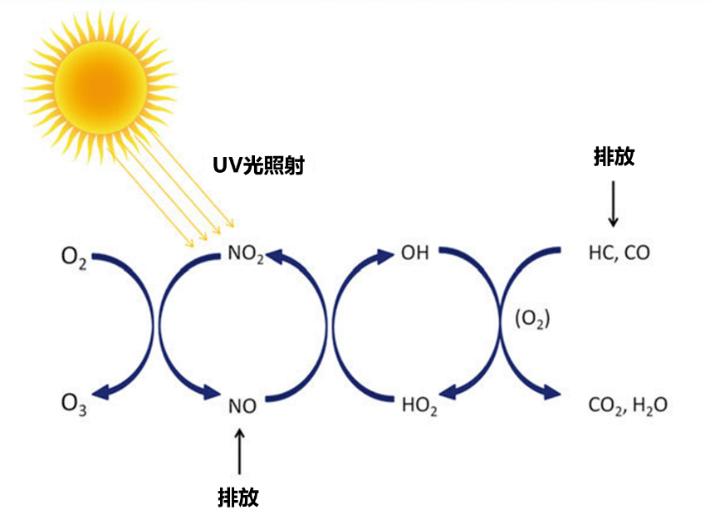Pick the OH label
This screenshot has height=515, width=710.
(x=414, y=253)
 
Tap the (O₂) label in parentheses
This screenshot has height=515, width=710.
(x=532, y=319)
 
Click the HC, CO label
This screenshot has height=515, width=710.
(x=619, y=253)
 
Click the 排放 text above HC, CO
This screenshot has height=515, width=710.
(x=614, y=156)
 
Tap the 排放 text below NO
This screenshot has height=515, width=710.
(x=238, y=497)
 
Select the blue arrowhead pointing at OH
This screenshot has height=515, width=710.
(x=387, y=255)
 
